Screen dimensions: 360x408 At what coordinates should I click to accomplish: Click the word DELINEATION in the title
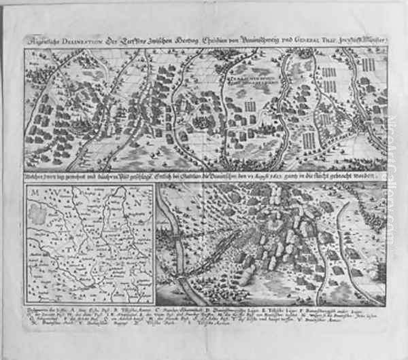click(82, 38)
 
